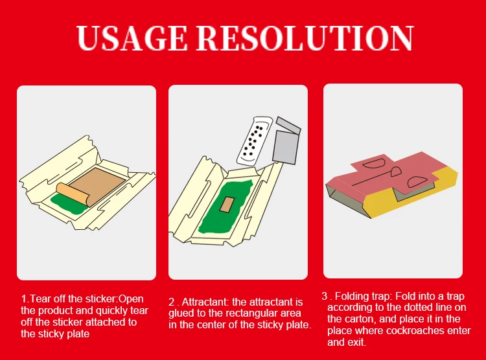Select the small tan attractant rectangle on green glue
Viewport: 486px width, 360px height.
227,205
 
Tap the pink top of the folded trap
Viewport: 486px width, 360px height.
389,172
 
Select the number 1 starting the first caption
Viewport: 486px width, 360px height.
24,299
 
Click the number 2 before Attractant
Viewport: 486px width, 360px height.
172,302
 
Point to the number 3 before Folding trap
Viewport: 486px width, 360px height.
325,296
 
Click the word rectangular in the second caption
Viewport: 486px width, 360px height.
238,313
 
